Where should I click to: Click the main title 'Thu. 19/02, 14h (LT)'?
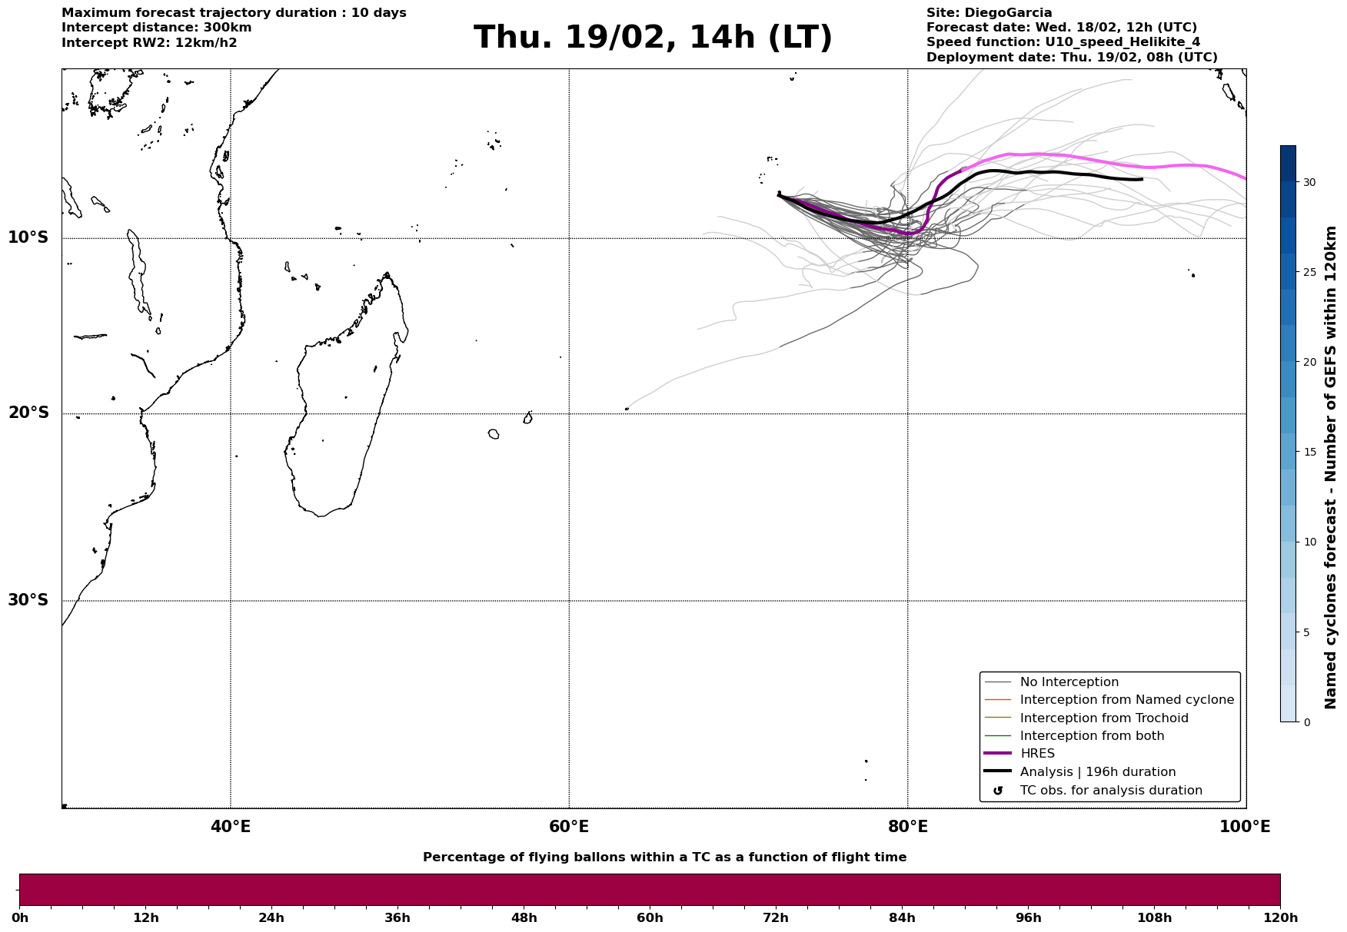653,38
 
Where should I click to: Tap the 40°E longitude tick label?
231,828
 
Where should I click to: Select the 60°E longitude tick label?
569,828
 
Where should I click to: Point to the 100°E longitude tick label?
1245,828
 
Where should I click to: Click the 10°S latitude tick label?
28,237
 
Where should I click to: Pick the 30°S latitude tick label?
28,600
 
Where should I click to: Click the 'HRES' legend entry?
1037,754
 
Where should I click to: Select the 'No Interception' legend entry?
1069,682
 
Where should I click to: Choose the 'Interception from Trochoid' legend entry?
1103,718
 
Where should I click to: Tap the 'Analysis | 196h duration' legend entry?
1097,772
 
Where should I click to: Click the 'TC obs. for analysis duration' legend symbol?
998,791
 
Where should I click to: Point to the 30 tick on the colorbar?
1309,182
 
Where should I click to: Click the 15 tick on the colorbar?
1309,452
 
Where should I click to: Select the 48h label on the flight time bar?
524,918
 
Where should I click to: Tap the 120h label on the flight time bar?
1280,918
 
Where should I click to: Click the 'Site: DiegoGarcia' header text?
989,13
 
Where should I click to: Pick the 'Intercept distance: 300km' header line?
157,28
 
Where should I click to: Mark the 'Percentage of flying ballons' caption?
664,857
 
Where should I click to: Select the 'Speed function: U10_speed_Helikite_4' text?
1063,42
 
